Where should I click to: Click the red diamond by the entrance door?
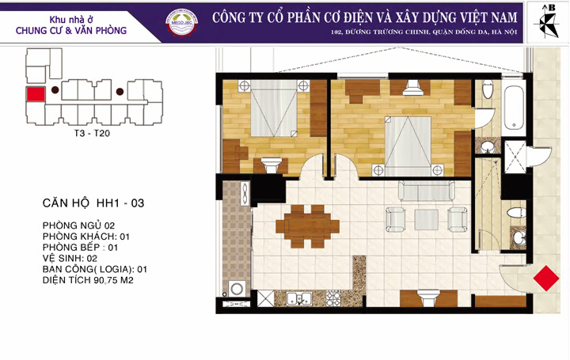tap(546, 279)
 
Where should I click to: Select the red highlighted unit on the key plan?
tap(36, 94)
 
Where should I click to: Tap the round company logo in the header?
tap(182, 22)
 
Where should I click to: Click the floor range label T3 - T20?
tap(92, 134)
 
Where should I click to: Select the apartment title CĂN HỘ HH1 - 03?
tap(93, 203)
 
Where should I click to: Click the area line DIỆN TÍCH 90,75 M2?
tap(88, 280)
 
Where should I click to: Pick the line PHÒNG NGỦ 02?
tap(78, 225)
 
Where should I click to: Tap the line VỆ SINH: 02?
tap(70, 258)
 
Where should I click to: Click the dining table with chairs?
tap(307, 226)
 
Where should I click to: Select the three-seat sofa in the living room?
tap(427, 191)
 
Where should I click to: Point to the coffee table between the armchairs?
tap(427, 219)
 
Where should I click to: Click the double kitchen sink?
tap(299, 298)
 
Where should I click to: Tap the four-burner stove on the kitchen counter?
tap(333, 298)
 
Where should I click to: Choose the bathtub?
tap(514, 108)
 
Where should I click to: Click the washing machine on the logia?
tap(237, 290)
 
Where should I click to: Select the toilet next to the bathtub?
tap(488, 89)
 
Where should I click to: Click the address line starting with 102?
tap(424, 32)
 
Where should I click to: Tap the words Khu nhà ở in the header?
tap(71, 19)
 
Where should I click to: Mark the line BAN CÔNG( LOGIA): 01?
tap(94, 269)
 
